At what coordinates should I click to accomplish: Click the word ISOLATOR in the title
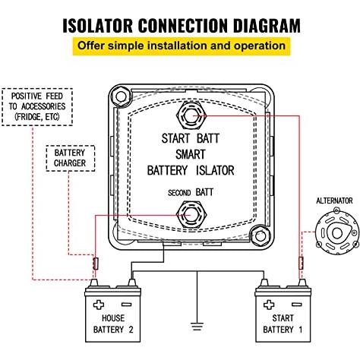97,26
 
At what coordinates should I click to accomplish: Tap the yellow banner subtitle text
182,46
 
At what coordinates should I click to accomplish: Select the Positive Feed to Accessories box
37,107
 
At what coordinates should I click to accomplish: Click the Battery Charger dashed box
71,158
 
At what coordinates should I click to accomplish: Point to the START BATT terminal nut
191,116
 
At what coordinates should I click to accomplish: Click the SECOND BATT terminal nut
191,215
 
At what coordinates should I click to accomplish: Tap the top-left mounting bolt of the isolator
121,96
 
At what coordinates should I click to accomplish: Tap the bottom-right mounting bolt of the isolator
260,236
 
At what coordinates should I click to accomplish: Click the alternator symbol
337,232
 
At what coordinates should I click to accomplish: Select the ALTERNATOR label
334,201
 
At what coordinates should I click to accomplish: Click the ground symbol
197,326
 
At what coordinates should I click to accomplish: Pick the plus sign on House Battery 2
99,305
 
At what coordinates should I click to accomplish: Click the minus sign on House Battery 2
127,305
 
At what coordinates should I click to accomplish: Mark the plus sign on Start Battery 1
269,305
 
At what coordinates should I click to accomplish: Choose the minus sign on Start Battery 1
297,305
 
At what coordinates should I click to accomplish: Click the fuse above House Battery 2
96,264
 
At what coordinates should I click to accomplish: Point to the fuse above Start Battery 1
301,264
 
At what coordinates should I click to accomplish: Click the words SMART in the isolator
191,154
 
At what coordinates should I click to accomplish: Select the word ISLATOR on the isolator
215,170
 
